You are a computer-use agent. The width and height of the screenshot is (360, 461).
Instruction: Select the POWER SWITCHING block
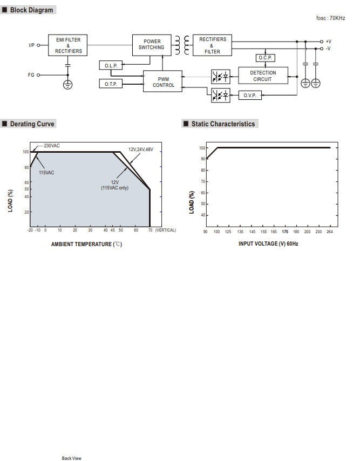[152, 44]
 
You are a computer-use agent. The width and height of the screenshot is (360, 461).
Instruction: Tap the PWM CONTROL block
[163, 82]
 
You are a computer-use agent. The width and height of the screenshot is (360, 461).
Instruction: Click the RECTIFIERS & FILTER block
[212, 45]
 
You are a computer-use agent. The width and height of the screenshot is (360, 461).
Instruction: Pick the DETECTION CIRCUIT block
[263, 76]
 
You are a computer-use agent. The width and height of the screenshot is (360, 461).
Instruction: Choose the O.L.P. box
[111, 65]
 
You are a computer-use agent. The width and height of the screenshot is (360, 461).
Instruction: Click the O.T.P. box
[111, 84]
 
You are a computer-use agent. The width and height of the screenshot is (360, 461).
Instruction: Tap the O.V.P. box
[249, 96]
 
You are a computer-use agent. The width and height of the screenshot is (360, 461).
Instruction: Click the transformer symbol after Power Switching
[182, 45]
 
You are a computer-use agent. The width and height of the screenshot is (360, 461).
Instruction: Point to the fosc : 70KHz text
[330, 18]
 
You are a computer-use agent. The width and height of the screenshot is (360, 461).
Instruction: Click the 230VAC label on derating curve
[52, 146]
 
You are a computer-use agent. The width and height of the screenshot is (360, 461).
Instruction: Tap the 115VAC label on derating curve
[46, 173]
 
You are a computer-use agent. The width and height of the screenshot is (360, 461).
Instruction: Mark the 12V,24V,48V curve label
[140, 149]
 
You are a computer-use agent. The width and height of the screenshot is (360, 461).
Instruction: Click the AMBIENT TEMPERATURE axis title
[86, 244]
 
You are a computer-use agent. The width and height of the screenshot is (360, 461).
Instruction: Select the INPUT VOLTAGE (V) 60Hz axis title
[268, 244]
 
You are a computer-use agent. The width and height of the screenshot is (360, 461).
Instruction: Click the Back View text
[71, 458]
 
